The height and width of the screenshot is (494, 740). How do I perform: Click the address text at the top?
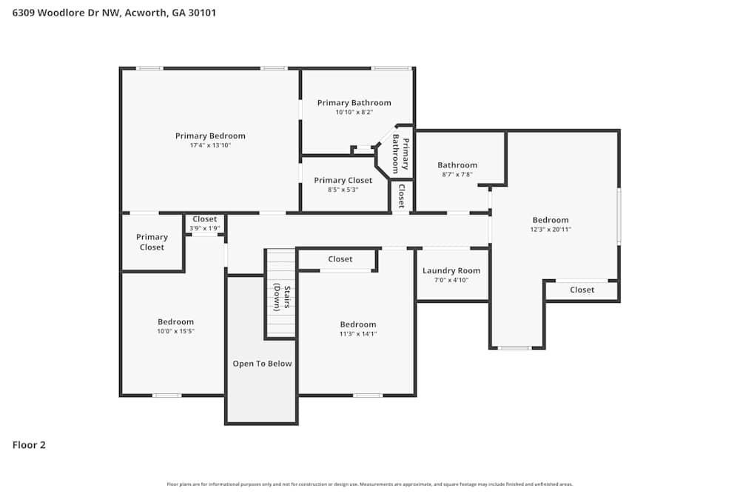click(x=114, y=13)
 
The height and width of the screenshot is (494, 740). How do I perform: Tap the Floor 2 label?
click(x=29, y=445)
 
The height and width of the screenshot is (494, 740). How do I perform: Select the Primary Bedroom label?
click(x=210, y=136)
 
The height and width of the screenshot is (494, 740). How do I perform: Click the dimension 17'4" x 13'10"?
click(x=210, y=145)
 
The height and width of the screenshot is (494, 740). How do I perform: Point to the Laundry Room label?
click(x=451, y=271)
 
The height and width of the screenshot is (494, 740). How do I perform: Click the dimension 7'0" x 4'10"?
click(x=451, y=280)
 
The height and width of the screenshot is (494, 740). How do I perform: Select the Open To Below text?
click(x=262, y=364)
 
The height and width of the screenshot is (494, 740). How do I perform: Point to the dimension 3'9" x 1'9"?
click(x=205, y=228)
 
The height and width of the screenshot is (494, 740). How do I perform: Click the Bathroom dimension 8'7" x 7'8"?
click(x=457, y=175)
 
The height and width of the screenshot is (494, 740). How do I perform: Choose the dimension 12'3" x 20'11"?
click(x=551, y=230)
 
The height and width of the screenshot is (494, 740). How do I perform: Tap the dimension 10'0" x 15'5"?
click(x=175, y=332)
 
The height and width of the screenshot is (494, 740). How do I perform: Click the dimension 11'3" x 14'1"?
click(x=358, y=334)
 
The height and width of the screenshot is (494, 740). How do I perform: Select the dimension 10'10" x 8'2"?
click(x=354, y=113)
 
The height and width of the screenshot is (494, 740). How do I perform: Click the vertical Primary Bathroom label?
click(x=400, y=154)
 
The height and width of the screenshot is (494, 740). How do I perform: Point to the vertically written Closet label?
click(x=401, y=196)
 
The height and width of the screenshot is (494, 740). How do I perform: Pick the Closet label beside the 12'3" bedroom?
click(x=582, y=290)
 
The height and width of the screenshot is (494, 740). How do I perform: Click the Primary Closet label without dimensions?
click(x=152, y=242)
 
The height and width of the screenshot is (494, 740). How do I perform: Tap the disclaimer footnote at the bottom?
click(x=370, y=484)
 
